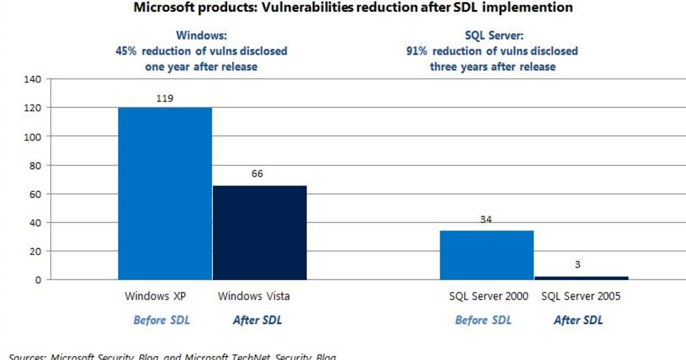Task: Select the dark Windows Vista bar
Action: click(260, 233)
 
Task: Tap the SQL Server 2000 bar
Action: click(486, 255)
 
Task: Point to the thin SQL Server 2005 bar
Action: click(581, 278)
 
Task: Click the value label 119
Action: click(165, 98)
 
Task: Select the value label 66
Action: click(257, 174)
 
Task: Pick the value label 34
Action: click(486, 219)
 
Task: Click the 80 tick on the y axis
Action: click(34, 165)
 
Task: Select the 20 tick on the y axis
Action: click(34, 251)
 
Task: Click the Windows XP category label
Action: click(156, 297)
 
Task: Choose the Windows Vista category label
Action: click(254, 297)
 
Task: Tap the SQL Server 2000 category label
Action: click(488, 297)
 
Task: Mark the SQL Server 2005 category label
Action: click(581, 297)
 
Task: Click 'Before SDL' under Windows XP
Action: click(161, 321)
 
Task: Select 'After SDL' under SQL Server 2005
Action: click(578, 321)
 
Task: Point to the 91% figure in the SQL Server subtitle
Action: click(417, 51)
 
